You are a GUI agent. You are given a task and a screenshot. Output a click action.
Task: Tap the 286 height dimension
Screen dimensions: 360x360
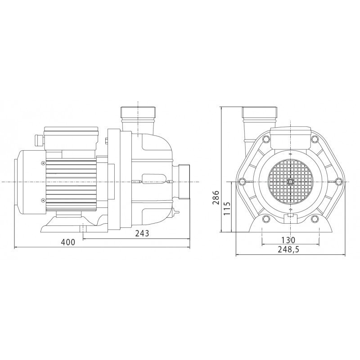[x=216, y=197]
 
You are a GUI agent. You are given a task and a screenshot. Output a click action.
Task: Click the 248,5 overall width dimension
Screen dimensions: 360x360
[x=289, y=250]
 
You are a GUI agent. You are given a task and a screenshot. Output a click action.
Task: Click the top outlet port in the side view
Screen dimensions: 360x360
[x=137, y=112]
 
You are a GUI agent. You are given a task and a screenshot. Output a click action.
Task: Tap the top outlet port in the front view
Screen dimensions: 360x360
[x=260, y=112]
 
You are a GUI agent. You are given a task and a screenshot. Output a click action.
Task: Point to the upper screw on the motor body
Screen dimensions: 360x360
[x=43, y=163]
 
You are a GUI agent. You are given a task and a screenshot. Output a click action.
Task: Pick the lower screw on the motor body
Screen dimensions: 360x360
[x=43, y=200]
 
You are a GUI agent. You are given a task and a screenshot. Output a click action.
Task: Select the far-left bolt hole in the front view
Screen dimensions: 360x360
[x=243, y=182]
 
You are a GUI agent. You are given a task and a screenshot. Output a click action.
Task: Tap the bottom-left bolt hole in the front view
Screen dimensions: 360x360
[x=266, y=219]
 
